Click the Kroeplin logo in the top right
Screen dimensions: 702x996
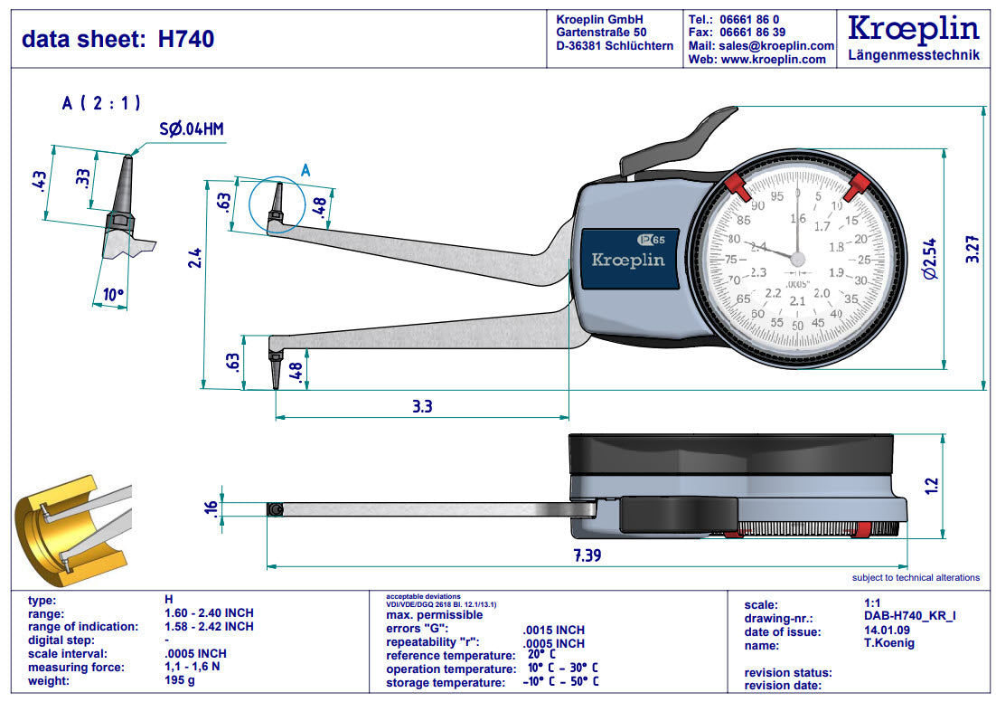pyautogui.click(x=913, y=29)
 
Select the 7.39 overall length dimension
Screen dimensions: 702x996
pyautogui.click(x=587, y=554)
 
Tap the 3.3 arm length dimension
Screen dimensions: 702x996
pyautogui.click(x=421, y=406)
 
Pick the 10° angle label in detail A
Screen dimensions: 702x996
pyautogui.click(x=111, y=294)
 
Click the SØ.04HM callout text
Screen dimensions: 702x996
pyautogui.click(x=191, y=129)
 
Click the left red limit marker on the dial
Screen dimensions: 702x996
pyautogui.click(x=736, y=187)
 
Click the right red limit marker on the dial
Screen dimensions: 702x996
pyautogui.click(x=855, y=187)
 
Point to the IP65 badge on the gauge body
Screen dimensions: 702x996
pyautogui.click(x=651, y=241)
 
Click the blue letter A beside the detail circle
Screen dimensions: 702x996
pyautogui.click(x=305, y=169)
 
